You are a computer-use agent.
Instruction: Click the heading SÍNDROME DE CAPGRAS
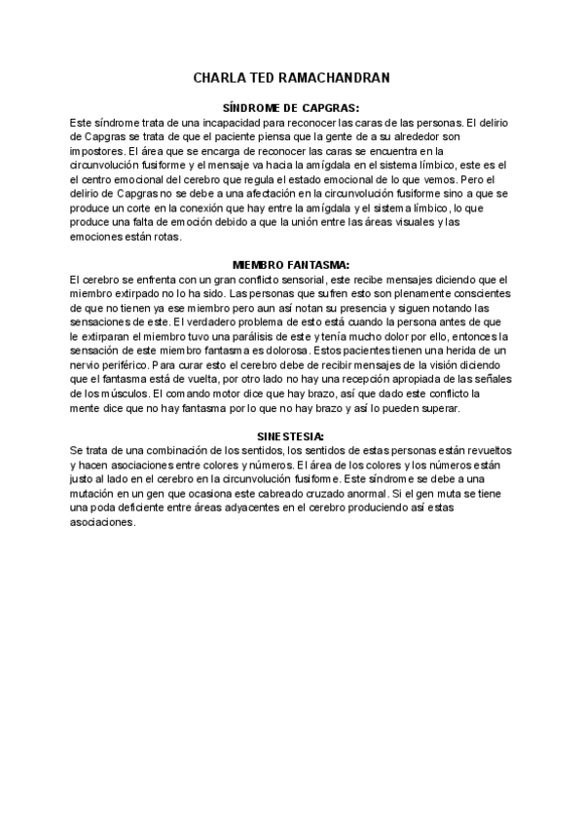[x=292, y=109]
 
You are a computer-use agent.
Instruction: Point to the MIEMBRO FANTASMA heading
[x=292, y=264]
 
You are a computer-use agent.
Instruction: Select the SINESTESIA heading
[x=292, y=434]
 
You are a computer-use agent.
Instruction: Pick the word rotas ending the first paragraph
[x=181, y=237]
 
